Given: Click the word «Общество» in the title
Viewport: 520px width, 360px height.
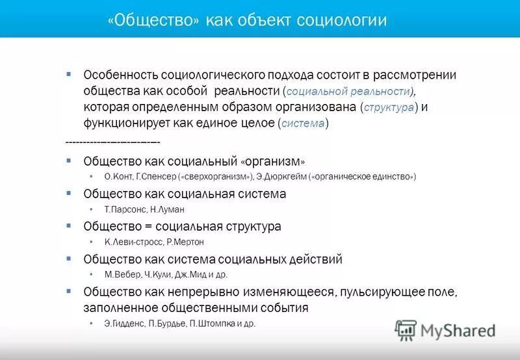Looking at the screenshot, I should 155,21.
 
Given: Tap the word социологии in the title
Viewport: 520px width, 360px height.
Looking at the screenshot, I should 341,21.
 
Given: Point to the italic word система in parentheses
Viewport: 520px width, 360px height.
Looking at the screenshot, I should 302,123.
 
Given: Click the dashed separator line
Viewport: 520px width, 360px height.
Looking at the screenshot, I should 113,141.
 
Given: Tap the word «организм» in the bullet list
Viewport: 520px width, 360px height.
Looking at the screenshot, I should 273,161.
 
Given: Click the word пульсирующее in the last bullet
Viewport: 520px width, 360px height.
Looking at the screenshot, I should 384,292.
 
